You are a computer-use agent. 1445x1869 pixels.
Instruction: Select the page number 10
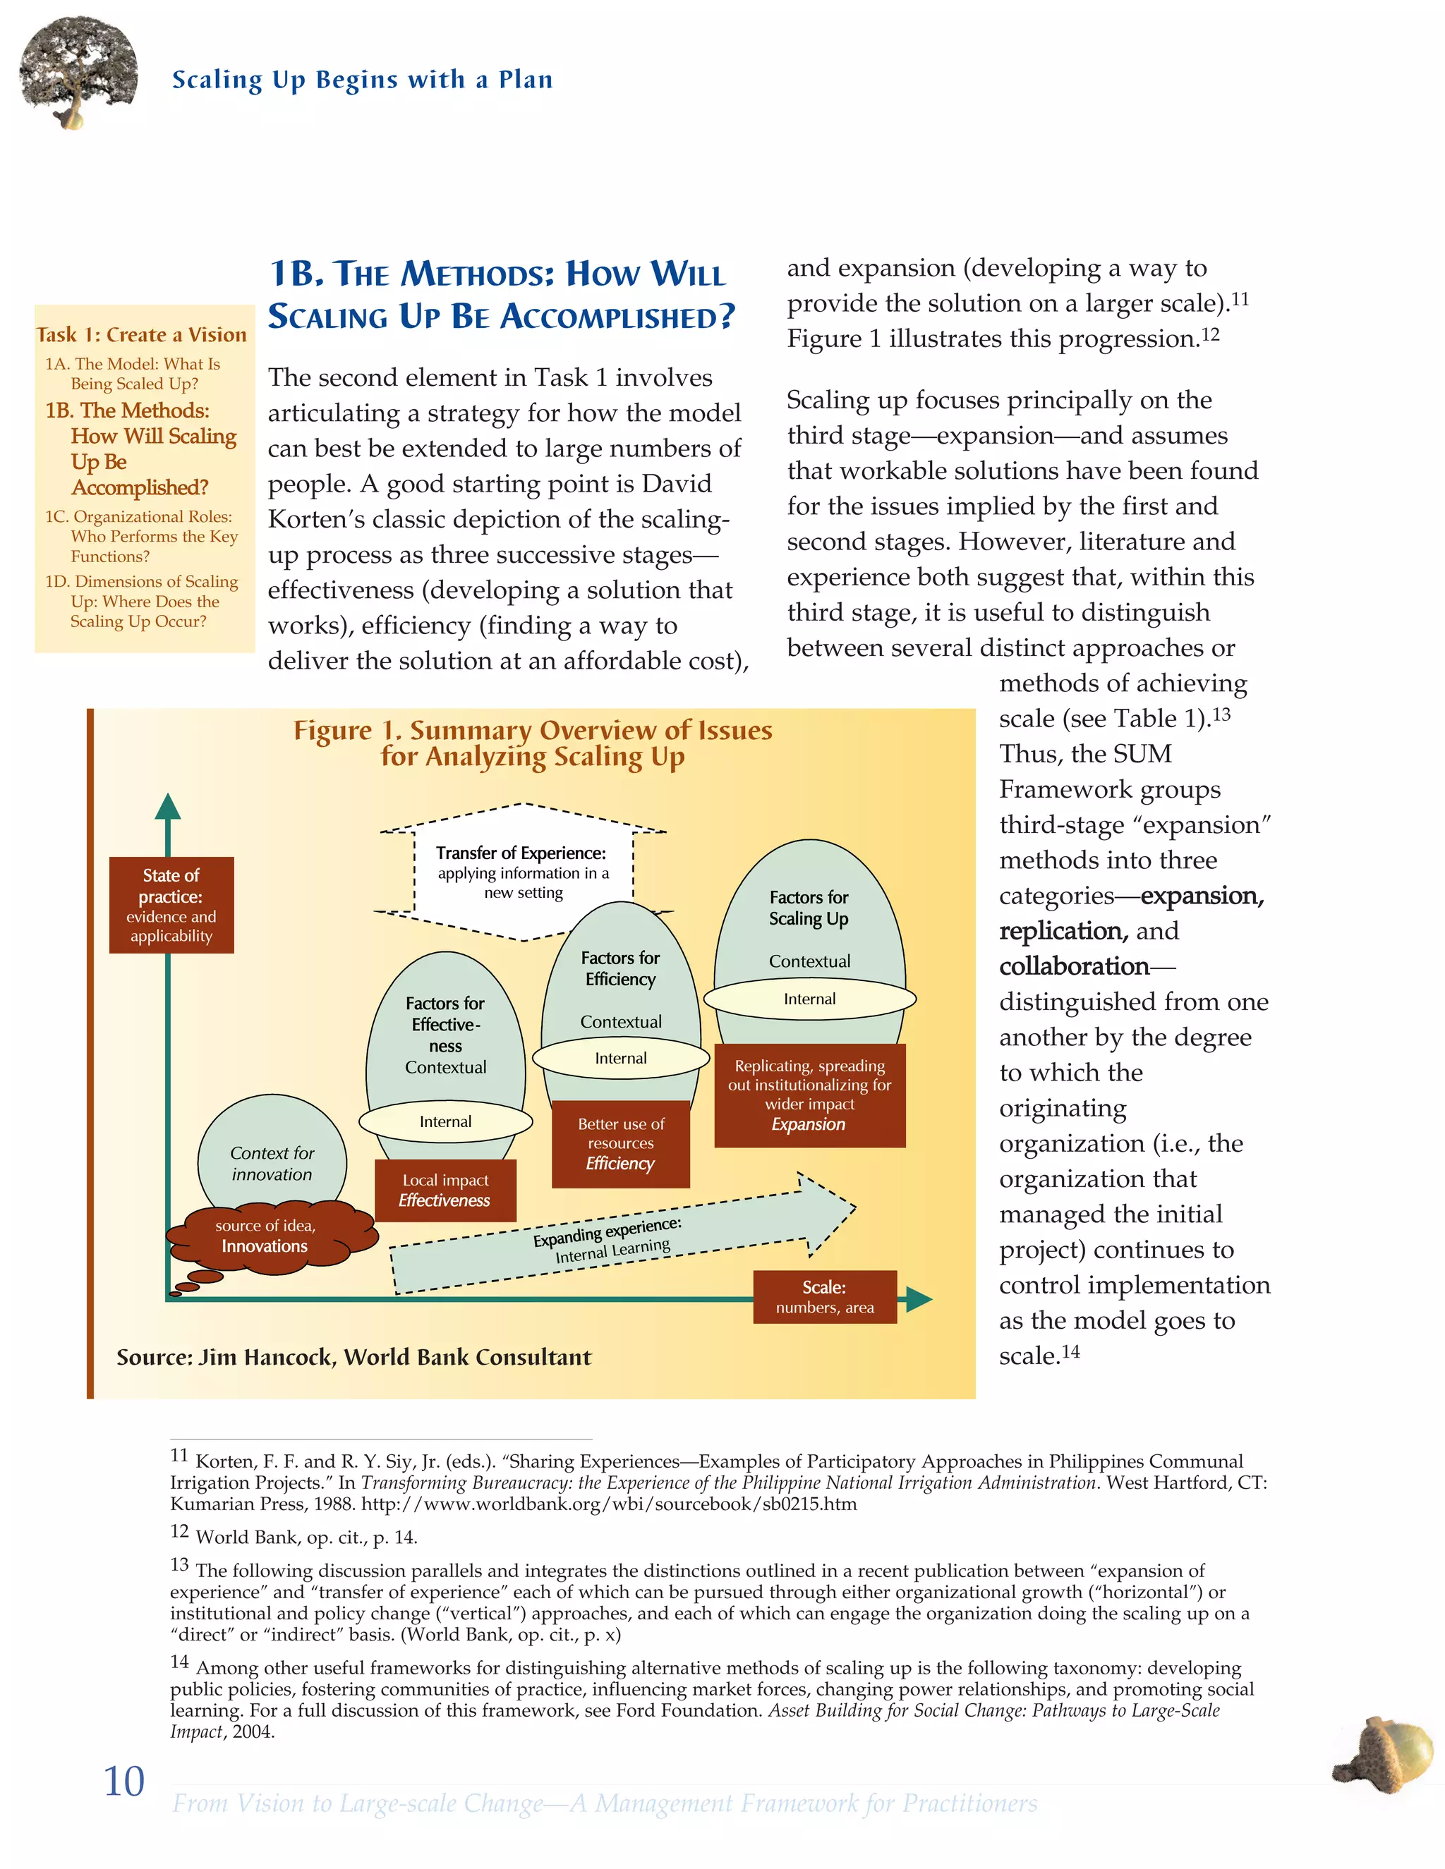(123, 1782)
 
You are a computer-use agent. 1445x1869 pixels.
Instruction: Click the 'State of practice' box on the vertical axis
(171, 905)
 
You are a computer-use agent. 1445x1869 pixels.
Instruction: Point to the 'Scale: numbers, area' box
(824, 1296)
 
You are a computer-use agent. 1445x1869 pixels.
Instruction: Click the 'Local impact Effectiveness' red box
(445, 1191)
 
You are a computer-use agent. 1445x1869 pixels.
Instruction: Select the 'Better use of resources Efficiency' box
(621, 1143)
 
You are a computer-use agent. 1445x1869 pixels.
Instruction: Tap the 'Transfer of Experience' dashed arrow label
(522, 871)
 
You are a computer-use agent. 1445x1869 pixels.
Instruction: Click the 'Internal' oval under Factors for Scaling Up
(810, 999)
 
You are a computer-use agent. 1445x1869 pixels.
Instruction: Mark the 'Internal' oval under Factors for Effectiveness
(445, 1121)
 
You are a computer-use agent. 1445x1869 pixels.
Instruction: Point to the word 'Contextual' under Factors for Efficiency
(621, 1022)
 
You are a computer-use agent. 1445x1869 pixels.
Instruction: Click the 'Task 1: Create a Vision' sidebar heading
(141, 334)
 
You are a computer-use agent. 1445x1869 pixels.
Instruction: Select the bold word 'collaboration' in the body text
(1073, 966)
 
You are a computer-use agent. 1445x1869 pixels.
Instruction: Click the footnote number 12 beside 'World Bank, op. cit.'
(179, 1532)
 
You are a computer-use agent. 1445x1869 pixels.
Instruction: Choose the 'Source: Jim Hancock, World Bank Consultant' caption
(353, 1357)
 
